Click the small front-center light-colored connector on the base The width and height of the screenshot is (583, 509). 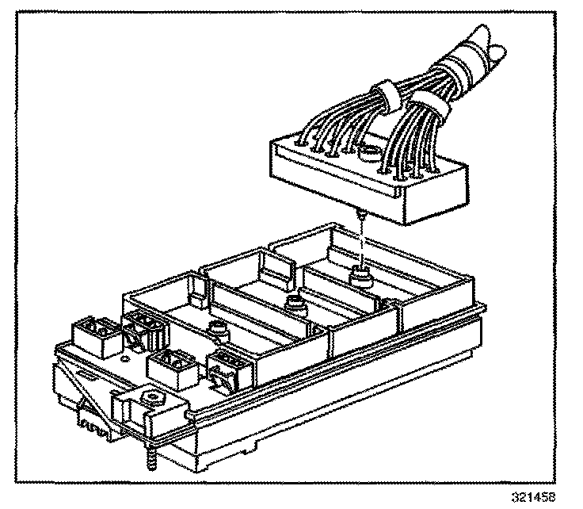(x=170, y=366)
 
